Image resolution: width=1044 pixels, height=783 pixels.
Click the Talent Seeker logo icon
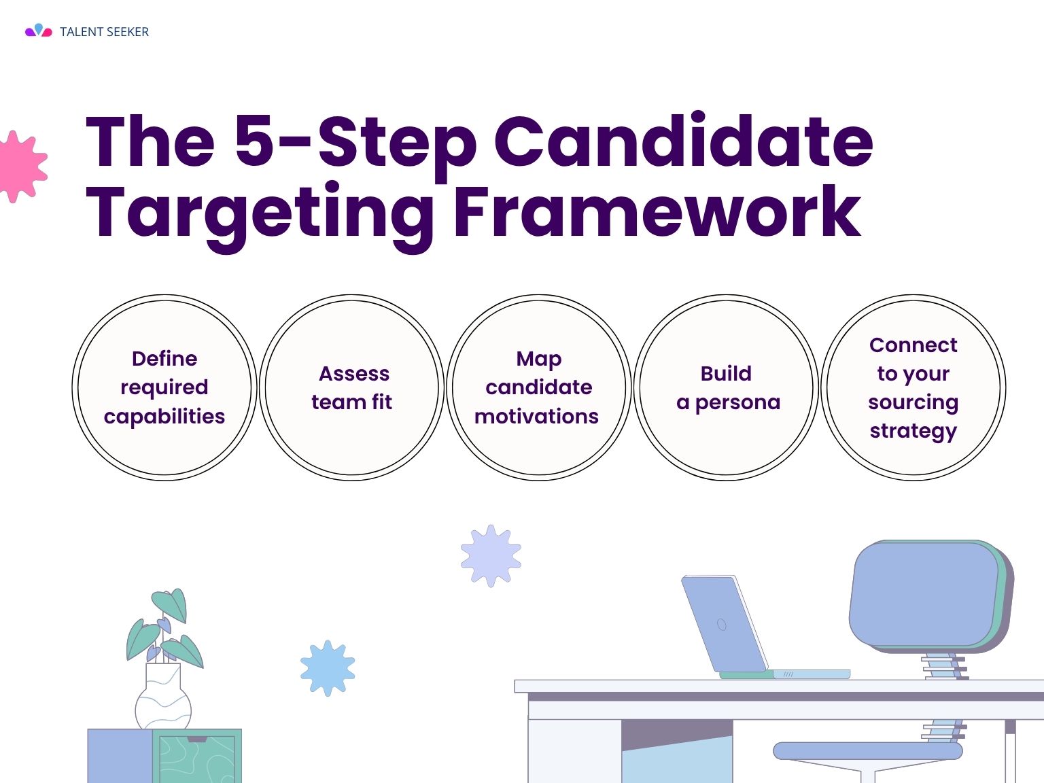point(39,31)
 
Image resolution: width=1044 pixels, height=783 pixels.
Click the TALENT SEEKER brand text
point(104,32)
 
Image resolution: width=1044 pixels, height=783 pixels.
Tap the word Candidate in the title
point(684,141)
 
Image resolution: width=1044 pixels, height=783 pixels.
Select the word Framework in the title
point(657,211)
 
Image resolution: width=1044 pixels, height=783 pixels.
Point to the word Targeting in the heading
point(259,217)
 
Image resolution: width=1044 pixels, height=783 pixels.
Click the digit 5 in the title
point(254,141)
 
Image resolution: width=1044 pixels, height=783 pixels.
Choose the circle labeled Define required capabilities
point(164,387)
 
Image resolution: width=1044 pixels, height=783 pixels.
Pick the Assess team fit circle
point(352,387)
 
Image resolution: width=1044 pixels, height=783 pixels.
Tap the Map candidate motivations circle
point(539,387)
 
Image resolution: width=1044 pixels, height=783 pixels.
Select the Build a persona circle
point(727,387)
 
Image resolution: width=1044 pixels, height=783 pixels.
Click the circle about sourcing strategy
point(913,387)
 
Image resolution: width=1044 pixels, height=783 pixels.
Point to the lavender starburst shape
point(491,556)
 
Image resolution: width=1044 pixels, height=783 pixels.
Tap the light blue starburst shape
point(328,668)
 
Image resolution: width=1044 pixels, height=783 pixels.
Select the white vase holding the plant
point(163,697)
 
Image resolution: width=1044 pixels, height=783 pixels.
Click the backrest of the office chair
point(930,596)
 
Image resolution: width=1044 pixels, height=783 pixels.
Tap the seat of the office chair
point(868,751)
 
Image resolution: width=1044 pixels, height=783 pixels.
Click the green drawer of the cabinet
point(197,756)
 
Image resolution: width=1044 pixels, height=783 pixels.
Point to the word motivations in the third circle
point(536,417)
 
